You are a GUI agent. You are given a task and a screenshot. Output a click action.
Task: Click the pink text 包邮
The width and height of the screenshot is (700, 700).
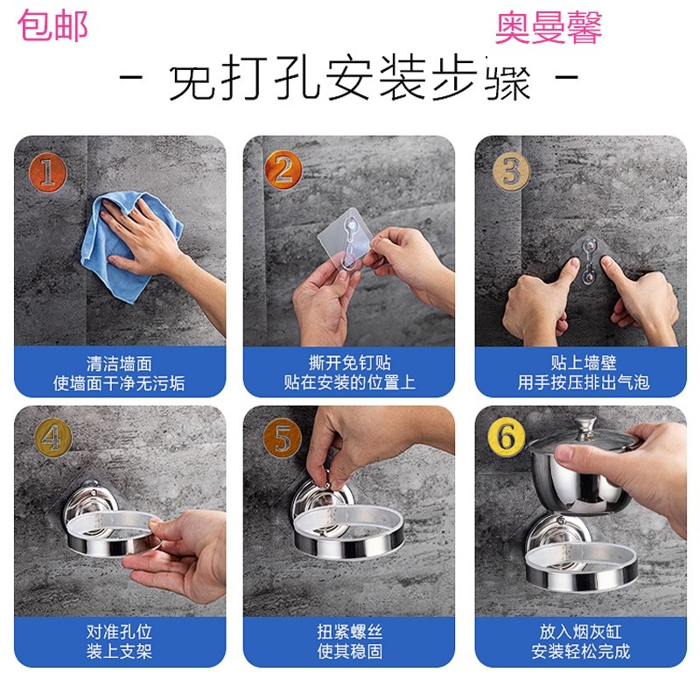click(x=52, y=26)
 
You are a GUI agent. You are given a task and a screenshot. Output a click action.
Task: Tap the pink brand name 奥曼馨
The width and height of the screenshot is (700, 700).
click(x=549, y=28)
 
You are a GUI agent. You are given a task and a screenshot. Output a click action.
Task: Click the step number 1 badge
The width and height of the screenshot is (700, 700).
click(x=48, y=172)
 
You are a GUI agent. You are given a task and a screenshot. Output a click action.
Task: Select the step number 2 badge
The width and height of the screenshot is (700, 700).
click(x=283, y=170)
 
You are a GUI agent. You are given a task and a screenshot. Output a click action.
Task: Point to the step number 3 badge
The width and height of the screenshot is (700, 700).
click(x=511, y=171)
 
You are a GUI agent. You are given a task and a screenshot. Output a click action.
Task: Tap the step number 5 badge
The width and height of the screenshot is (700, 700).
click(x=282, y=437)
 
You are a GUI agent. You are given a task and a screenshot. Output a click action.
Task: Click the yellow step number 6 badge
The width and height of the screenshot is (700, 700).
click(x=507, y=437)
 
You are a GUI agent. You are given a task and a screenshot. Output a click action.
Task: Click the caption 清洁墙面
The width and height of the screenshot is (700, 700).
click(x=119, y=363)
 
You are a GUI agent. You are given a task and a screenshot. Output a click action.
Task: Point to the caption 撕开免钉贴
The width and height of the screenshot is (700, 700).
click(x=349, y=362)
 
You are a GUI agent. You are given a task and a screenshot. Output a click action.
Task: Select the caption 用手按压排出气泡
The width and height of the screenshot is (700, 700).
click(x=584, y=382)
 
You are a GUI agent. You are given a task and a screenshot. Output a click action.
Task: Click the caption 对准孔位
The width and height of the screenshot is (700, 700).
click(x=119, y=632)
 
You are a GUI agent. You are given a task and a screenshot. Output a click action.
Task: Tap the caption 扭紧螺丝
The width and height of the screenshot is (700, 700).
click(x=349, y=632)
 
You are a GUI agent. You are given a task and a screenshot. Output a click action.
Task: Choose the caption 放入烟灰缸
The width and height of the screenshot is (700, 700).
click(x=580, y=632)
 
